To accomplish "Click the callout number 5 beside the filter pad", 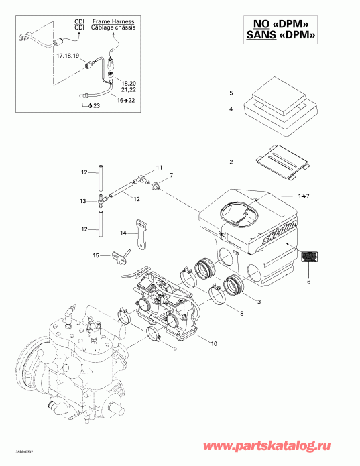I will [231, 93].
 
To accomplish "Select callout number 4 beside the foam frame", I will [231, 109].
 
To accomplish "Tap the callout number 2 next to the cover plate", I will [231, 162].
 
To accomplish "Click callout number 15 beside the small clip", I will [95, 255].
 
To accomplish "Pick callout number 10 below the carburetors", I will [214, 344].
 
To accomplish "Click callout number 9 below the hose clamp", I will [175, 349].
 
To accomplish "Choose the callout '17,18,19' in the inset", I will [68, 54].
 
